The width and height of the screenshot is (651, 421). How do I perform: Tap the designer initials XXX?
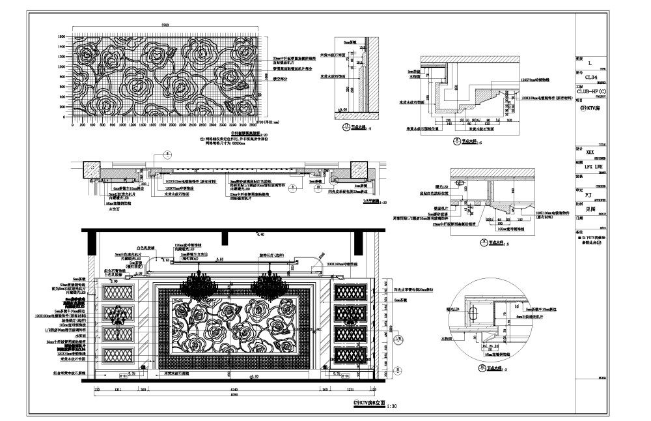[x=590, y=152]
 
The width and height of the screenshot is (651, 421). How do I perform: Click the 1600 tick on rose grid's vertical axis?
[x=62, y=36]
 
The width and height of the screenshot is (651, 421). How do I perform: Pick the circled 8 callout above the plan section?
[x=166, y=154]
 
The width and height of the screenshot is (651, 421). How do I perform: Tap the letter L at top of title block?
[x=590, y=64]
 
